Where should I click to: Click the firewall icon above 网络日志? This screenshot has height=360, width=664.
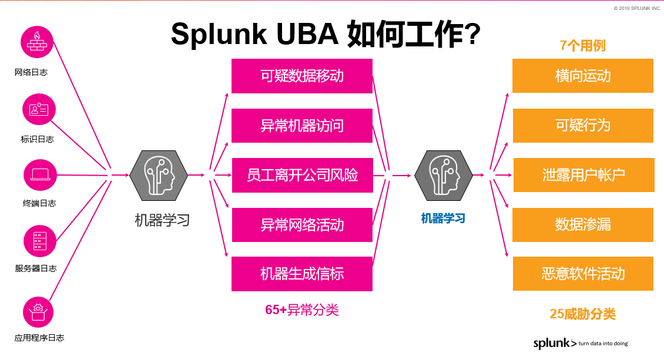coord(37,41)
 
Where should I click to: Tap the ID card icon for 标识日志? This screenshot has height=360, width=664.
coord(39,109)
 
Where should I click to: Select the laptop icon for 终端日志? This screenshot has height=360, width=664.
coord(39,174)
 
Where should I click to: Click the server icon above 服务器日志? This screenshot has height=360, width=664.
coord(39,241)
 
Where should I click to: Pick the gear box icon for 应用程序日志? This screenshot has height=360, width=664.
coord(38,311)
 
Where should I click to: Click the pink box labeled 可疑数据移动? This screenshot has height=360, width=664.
coord(302,76)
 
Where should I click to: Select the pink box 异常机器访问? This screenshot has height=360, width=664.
coord(302,126)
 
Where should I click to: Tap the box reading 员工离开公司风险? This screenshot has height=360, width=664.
coord(302,175)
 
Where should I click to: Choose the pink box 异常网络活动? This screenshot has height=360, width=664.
coord(302,225)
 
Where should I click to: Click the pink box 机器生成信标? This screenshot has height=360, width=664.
coord(302,274)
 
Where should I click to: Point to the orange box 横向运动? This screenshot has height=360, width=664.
coord(582,76)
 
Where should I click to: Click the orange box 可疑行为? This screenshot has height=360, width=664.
coord(582,125)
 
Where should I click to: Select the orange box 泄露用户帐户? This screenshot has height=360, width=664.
coord(583,175)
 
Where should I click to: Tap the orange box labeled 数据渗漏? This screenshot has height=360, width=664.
coord(582,224)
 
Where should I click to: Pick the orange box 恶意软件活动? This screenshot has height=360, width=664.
coord(582,274)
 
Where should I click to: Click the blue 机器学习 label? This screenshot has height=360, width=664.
coord(443,218)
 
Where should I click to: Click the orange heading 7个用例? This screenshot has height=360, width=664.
coord(582,46)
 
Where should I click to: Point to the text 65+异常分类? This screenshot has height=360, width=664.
coord(302,309)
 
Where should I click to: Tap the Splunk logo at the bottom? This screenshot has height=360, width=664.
coord(555,343)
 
